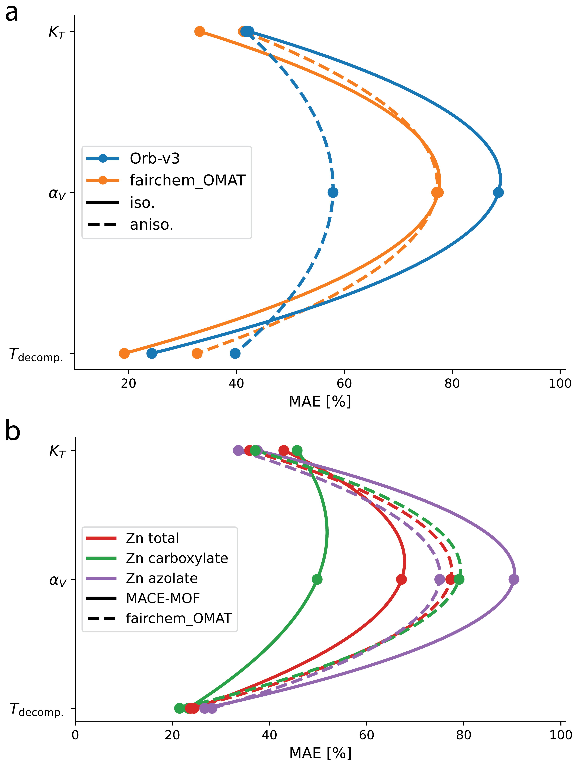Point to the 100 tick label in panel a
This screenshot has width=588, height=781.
pos(560,383)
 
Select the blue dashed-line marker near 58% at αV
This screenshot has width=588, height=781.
pos(333,192)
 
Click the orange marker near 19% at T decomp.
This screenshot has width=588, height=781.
pos(124,353)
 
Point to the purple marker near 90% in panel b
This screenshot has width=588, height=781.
pos(514,579)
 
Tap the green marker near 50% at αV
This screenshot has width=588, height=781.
pos(317,579)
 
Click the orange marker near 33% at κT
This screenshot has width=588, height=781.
pos(200,31)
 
